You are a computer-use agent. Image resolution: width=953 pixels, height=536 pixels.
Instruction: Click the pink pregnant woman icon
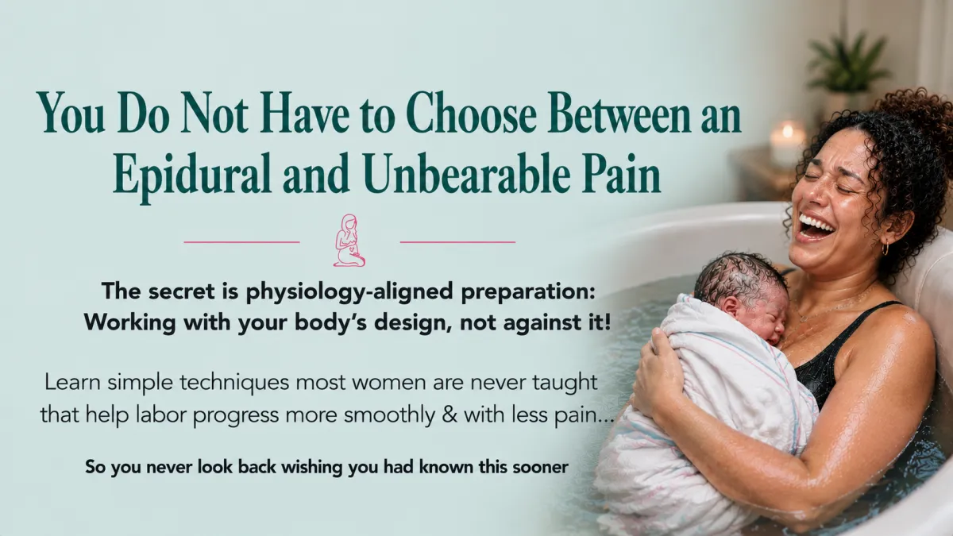point(349,241)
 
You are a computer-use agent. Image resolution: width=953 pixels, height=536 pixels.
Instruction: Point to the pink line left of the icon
point(241,242)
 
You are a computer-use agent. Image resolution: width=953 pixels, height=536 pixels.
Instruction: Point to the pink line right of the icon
point(457,242)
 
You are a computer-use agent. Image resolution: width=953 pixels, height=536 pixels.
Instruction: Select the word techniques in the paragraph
point(235,383)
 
